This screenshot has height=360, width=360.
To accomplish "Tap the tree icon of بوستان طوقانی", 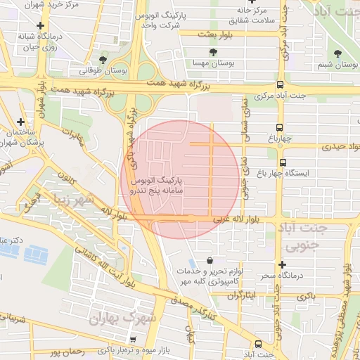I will pos(103,60).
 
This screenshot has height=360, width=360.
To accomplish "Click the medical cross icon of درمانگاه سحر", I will pos(282,265).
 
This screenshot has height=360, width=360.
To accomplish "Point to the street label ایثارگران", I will pos(242,295).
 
